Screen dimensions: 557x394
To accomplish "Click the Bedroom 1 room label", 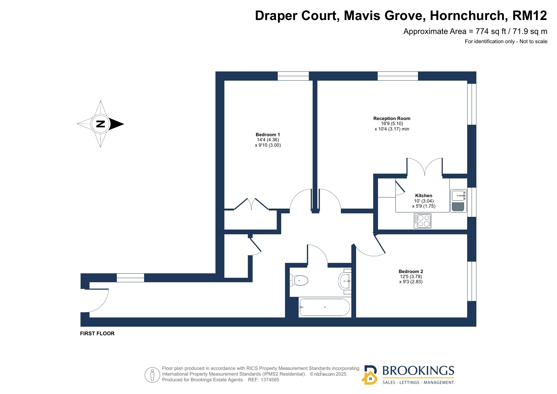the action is click(x=268, y=135).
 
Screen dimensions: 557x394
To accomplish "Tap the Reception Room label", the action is click(x=392, y=118).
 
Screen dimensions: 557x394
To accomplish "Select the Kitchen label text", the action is click(x=424, y=196).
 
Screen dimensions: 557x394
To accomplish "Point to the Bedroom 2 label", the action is click(x=411, y=271).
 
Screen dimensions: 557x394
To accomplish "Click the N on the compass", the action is click(x=101, y=124).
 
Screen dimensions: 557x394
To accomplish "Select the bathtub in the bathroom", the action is click(x=325, y=307).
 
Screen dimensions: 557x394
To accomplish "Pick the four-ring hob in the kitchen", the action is click(x=422, y=221).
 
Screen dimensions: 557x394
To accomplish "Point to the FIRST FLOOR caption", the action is click(x=97, y=333).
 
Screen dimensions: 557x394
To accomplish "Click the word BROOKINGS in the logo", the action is click(x=418, y=371).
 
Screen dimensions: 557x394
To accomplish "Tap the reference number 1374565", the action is click(x=270, y=380).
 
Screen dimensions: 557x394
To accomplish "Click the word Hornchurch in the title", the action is click(x=467, y=16).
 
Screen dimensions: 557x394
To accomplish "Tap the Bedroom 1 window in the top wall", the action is click(x=293, y=76).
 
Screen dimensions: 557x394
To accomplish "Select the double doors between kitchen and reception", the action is click(x=425, y=167).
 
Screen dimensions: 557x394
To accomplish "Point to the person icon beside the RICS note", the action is click(x=152, y=375).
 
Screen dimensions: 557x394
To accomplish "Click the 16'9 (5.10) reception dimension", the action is click(x=392, y=124).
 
